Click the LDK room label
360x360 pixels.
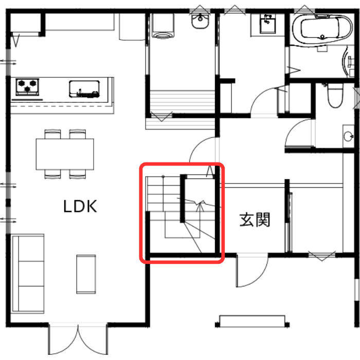pyautogui.click(x=80, y=206)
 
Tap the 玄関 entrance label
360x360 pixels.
pyautogui.click(x=255, y=220)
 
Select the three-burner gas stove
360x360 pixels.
pyautogui.click(x=27, y=87)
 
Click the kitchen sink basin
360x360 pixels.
pyautogui.click(x=84, y=89)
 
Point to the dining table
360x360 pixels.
pyautogui.click(x=65, y=154)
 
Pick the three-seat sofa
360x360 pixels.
pyautogui.click(x=28, y=274)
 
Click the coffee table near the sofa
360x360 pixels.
pyautogui.click(x=86, y=274)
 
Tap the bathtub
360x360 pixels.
pyautogui.click(x=322, y=28)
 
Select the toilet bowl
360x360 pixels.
pyautogui.click(x=335, y=95)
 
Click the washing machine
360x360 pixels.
pyautogui.click(x=163, y=26)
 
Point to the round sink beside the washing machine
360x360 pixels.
pyautogui.click(x=200, y=21)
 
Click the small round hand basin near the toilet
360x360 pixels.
pyautogui.click(x=348, y=136)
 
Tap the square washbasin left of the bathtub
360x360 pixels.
pyautogui.click(x=267, y=24)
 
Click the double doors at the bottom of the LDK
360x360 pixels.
pyautogui.click(x=78, y=339)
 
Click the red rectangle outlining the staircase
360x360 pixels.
pyautogui.click(x=182, y=213)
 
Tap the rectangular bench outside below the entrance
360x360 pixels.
pyautogui.click(x=252, y=321)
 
